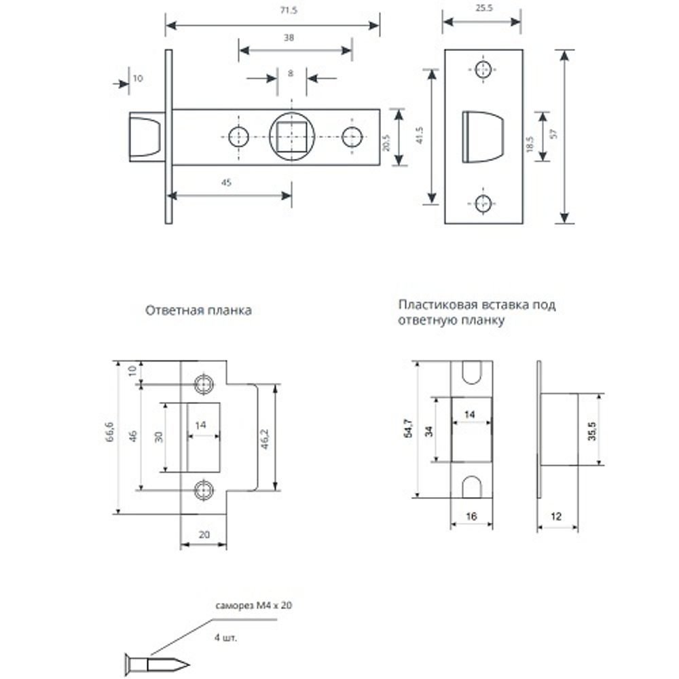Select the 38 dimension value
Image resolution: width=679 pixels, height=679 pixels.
289,39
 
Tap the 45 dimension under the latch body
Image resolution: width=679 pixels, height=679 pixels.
227,183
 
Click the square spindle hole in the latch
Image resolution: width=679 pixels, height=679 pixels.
292,136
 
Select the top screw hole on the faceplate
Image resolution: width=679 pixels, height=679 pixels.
483,70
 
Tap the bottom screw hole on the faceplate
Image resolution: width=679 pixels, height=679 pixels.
483,202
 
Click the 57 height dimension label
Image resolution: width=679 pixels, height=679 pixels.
553,136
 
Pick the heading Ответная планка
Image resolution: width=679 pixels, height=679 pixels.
198,310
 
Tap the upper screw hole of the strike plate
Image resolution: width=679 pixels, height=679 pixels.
203,384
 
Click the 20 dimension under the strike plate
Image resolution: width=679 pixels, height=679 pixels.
203,534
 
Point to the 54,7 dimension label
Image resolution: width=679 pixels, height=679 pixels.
408,429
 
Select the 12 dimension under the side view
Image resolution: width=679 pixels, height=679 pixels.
557,517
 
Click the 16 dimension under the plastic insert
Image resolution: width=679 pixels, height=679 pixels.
471,517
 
